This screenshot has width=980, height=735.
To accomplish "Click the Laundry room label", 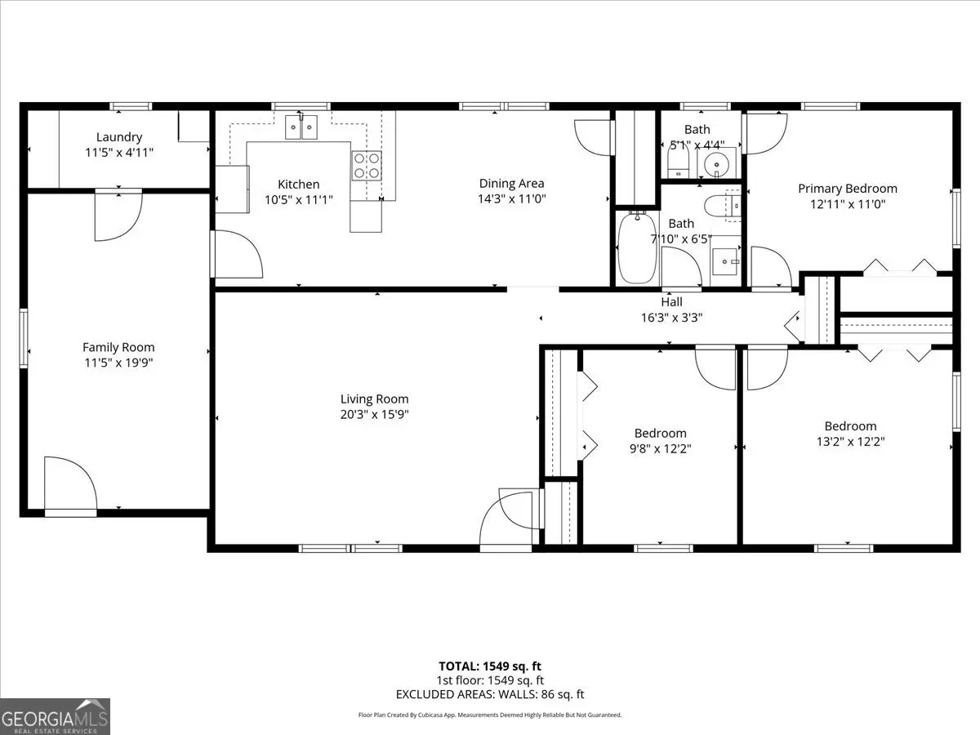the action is coord(119,137).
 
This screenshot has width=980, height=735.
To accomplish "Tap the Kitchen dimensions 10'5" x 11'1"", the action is coord(299,199).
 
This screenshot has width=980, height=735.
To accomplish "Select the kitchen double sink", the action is coord(301,127).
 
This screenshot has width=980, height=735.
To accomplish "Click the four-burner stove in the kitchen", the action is coord(367,166).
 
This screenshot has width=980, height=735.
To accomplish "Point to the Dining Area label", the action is coord(512,184).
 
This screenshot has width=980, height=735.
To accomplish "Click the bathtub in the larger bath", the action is coord(637,247).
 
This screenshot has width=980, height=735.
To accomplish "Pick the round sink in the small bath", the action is coord(716,165).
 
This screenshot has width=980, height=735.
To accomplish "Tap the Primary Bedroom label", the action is coord(848,189).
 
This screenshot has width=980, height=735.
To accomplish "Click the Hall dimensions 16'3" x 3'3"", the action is coord(672,318).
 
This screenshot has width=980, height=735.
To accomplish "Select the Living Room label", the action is coord(375,399).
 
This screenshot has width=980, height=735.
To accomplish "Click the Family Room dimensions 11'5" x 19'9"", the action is coord(118,363).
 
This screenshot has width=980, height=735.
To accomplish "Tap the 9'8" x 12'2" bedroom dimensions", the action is coord(661,448).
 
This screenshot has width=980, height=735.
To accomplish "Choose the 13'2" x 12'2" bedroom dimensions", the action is coord(850,441).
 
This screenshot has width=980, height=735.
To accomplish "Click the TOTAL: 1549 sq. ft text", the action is coord(490,666).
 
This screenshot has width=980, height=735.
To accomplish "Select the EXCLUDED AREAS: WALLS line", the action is coord(490,694).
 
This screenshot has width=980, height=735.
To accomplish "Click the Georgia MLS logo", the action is coord(55,717).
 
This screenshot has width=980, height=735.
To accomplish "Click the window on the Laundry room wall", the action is coord(131,106).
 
